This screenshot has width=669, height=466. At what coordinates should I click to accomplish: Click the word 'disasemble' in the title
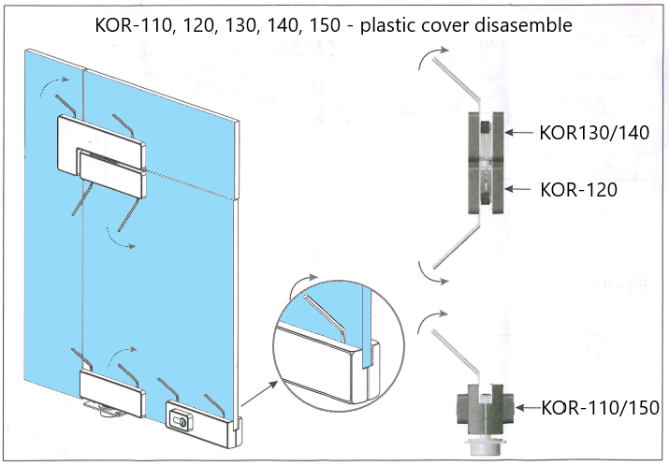(519, 25)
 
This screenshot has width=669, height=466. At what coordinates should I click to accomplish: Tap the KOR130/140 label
(593, 132)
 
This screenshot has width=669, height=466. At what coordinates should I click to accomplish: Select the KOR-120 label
(578, 189)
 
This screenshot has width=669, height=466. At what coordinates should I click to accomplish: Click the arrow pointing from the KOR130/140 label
(519, 132)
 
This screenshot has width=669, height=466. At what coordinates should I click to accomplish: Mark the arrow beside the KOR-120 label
(519, 189)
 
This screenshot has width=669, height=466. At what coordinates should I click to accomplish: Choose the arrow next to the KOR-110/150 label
(529, 408)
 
